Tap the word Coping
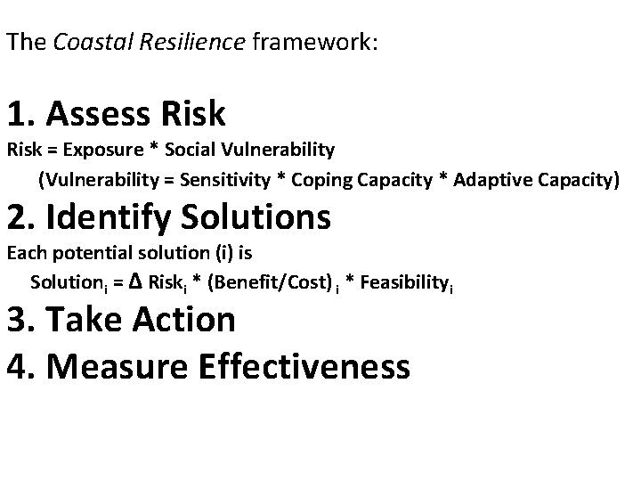point(319,181)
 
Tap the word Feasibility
point(407,284)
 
